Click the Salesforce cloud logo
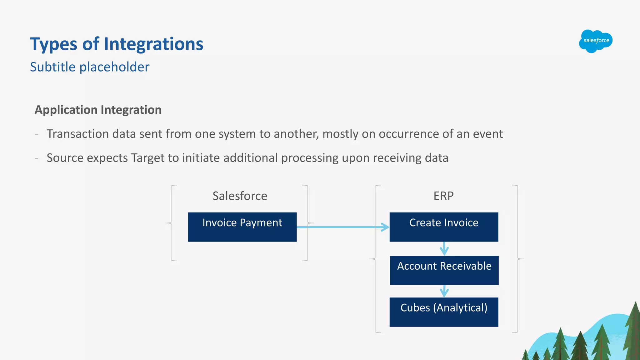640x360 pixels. coord(596,41)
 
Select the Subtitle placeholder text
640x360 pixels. coord(90,67)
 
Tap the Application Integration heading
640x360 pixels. coord(98,110)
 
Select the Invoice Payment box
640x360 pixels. coord(242,227)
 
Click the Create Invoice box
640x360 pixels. coord(444,227)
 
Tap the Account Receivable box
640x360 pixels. coord(444,270)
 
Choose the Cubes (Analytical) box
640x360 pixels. coord(444,312)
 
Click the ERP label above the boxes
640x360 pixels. coord(443,196)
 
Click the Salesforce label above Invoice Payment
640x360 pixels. coord(240,196)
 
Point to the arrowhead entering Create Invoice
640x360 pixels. coord(386,227)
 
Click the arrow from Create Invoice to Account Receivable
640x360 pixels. coord(444,249)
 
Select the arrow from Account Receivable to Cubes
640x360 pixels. coord(444,291)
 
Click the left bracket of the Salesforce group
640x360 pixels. coord(172,223)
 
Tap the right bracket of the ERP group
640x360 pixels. coord(517,259)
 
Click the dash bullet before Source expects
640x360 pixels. coord(37,158)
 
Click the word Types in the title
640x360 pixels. coord(53,44)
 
